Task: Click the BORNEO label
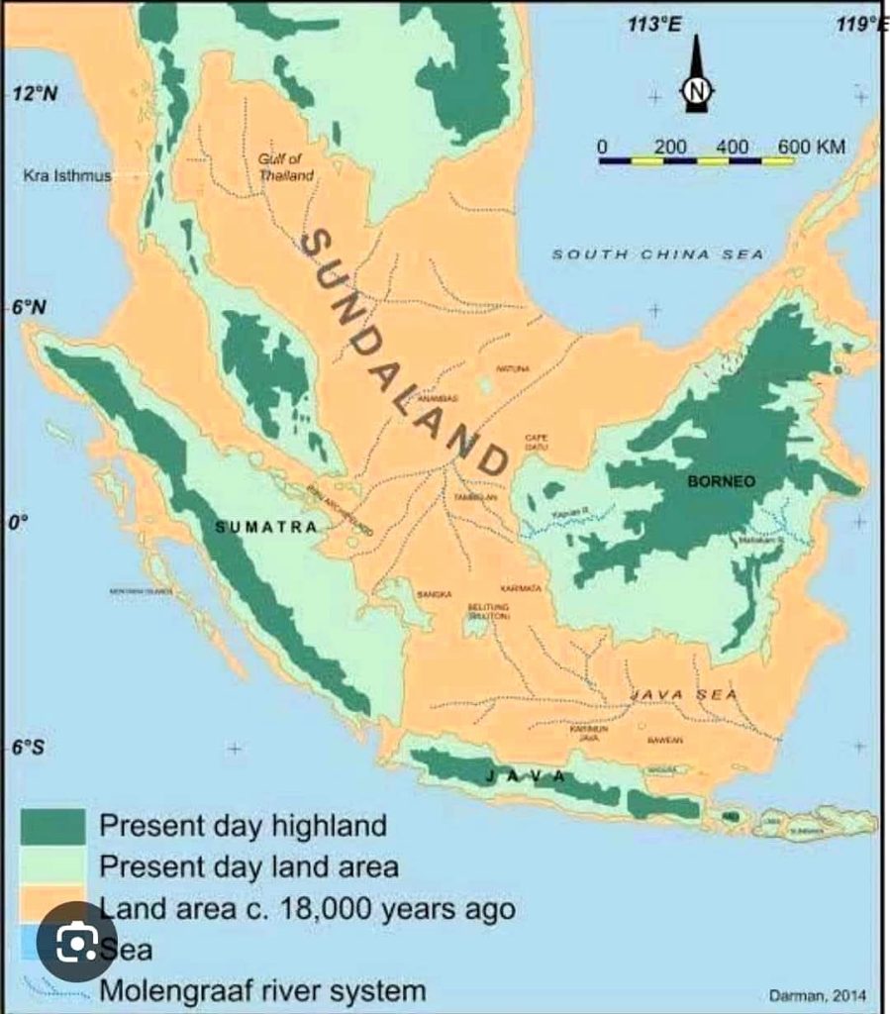point(721,481)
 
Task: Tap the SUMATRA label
point(266,527)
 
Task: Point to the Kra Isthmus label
point(67,176)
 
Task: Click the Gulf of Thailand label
point(286,166)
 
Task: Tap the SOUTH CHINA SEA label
point(657,254)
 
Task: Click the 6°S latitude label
point(29,747)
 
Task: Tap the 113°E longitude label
point(654,25)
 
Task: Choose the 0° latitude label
point(16,523)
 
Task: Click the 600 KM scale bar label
point(812,147)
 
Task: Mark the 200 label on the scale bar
point(671,147)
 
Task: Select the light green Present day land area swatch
point(53,865)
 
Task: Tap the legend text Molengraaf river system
point(262,990)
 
